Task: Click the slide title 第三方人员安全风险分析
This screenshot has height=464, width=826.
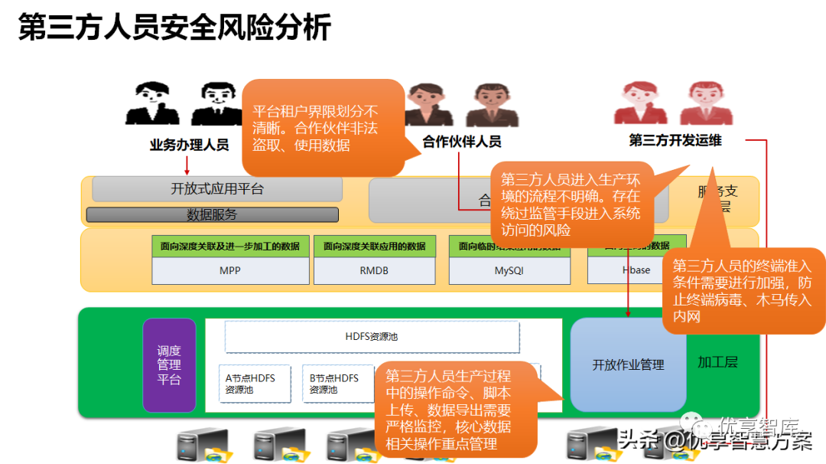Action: [174, 28]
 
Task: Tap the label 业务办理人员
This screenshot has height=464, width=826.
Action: [189, 145]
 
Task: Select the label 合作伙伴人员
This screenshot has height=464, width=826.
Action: [462, 141]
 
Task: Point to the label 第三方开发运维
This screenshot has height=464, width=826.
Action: [675, 140]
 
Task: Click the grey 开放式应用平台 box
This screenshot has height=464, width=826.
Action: [217, 189]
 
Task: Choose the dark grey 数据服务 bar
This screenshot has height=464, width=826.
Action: [212, 215]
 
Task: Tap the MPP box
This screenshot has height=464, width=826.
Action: [230, 270]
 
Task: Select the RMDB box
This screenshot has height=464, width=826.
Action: [374, 270]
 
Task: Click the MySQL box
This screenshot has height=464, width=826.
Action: [509, 270]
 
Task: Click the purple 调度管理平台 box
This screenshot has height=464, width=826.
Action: [169, 365]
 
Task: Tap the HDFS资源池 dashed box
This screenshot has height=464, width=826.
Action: [372, 337]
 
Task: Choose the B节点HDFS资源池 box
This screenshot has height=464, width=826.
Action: [333, 384]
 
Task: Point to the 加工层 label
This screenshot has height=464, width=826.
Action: [717, 362]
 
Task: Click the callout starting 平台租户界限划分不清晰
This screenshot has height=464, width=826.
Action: [321, 128]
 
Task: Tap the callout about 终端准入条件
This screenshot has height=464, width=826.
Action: [742, 291]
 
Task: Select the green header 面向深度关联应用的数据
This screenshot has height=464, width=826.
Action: [374, 247]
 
